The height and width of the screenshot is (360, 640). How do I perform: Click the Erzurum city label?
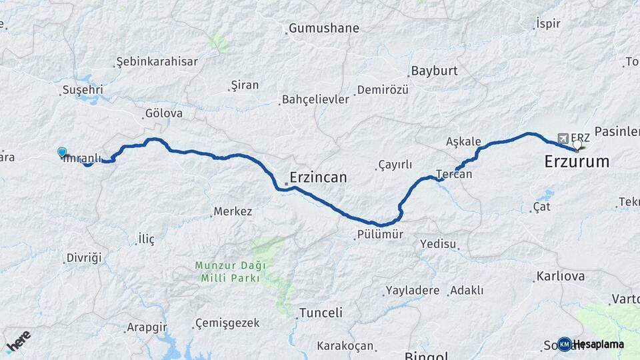577,161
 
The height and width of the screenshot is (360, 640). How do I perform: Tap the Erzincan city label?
318,177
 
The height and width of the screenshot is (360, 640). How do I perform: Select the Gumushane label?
324,29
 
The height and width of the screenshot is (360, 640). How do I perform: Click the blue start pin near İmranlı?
62,153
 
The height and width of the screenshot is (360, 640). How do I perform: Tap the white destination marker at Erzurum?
577,144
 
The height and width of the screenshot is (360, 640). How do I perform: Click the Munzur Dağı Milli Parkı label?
230,271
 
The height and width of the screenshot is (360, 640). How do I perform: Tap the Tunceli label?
321,313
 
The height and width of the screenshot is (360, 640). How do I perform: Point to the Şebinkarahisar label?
157,61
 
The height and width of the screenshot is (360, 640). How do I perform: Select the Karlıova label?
559,276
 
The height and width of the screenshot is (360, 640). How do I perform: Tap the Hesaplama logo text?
598,344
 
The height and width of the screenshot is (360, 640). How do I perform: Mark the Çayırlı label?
395,165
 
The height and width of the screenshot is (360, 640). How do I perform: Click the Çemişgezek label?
227,323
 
